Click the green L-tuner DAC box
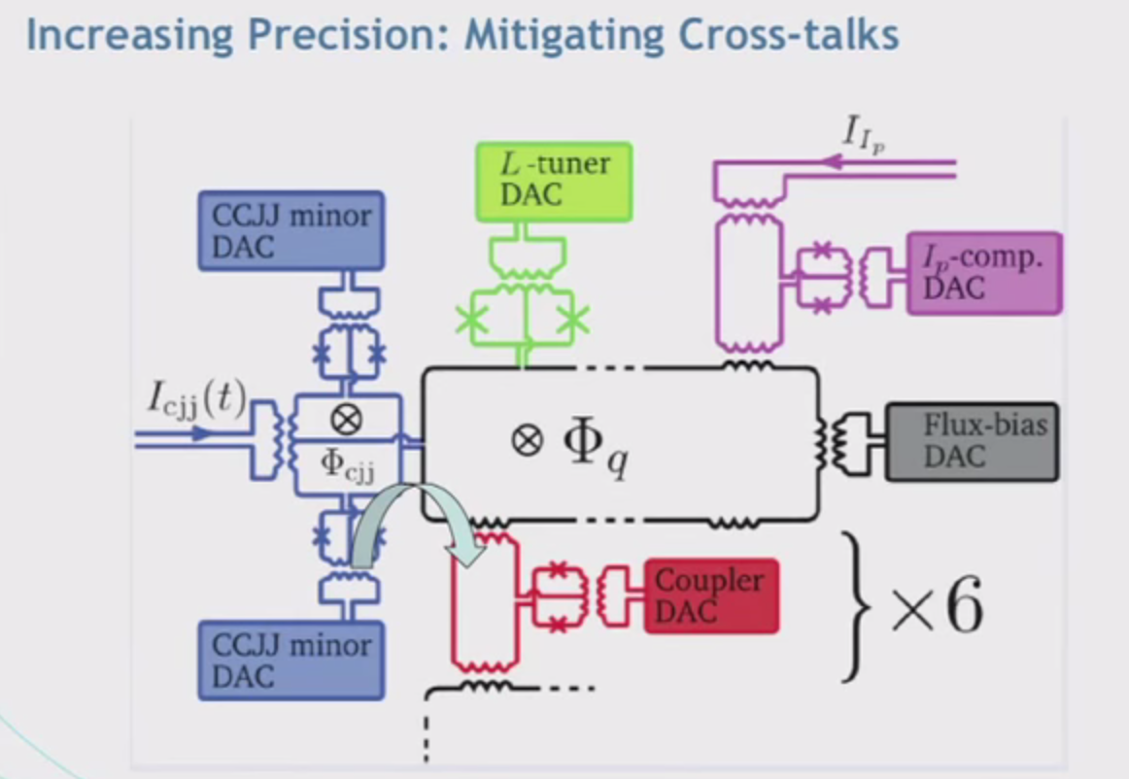click(x=555, y=183)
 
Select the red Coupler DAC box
click(x=710, y=596)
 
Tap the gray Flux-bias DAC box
click(x=972, y=441)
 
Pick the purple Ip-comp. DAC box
click(x=984, y=274)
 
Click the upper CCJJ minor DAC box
click(x=291, y=231)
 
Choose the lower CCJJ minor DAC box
click(x=291, y=660)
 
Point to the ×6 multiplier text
click(x=937, y=607)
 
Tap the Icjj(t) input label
click(x=197, y=398)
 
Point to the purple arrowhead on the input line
click(x=833, y=162)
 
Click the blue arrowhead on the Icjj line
click(x=201, y=433)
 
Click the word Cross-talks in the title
click(x=789, y=34)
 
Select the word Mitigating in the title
click(x=564, y=35)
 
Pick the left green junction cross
click(x=473, y=320)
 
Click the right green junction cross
click(x=573, y=320)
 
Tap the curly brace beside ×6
click(x=854, y=607)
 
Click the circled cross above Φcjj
click(x=346, y=420)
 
